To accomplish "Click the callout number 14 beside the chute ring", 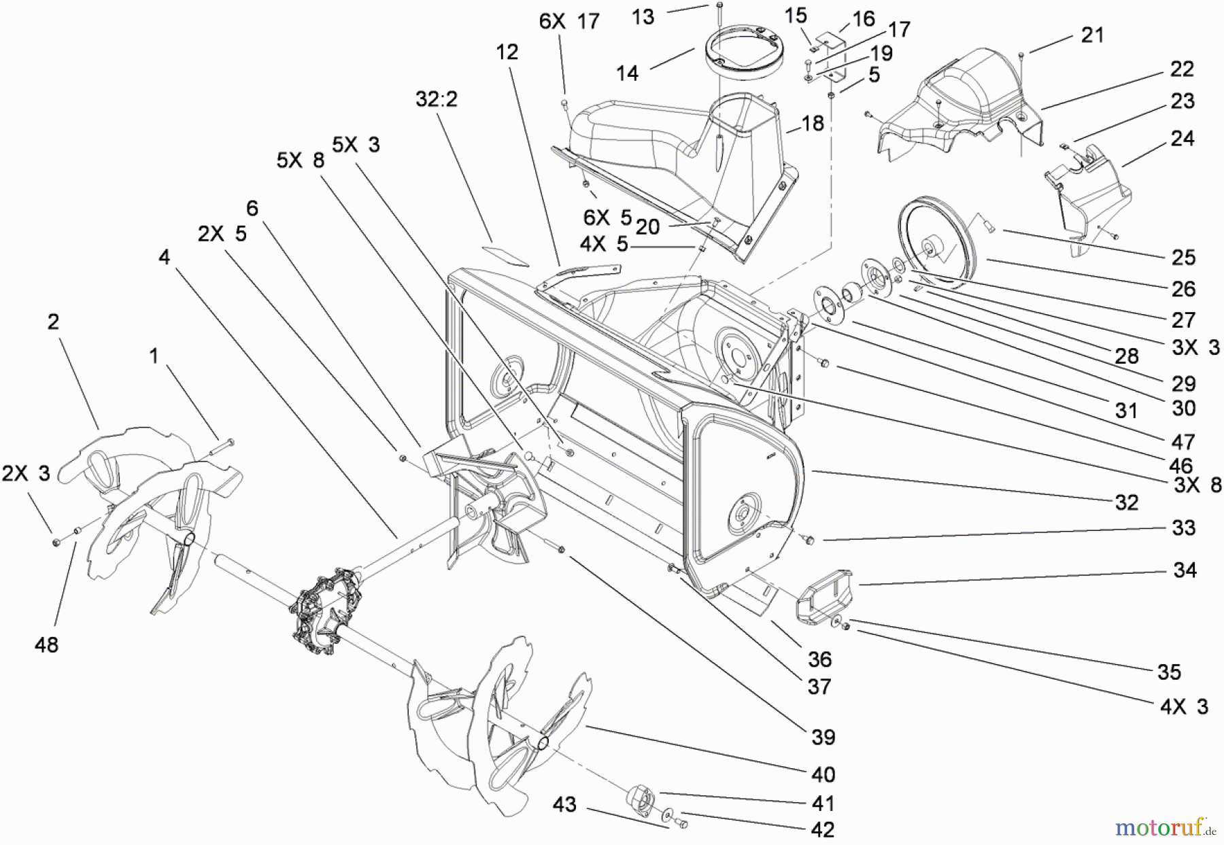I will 627,73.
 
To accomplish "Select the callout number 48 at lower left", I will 46,644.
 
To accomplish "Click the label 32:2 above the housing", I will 437,99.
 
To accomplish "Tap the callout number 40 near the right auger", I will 823,774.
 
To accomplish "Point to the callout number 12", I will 507,52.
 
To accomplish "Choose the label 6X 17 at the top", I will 569,22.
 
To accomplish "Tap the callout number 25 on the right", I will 1183,257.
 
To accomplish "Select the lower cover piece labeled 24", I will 1088,197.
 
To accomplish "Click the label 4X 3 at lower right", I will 1184,707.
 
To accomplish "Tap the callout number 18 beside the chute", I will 813,123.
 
